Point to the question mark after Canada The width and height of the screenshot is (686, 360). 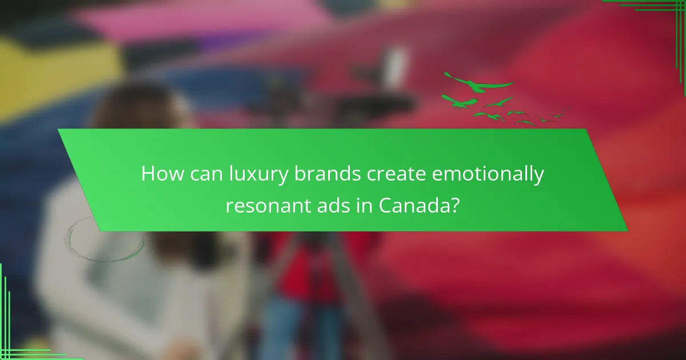[455, 204]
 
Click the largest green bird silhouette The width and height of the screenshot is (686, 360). [479, 82]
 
